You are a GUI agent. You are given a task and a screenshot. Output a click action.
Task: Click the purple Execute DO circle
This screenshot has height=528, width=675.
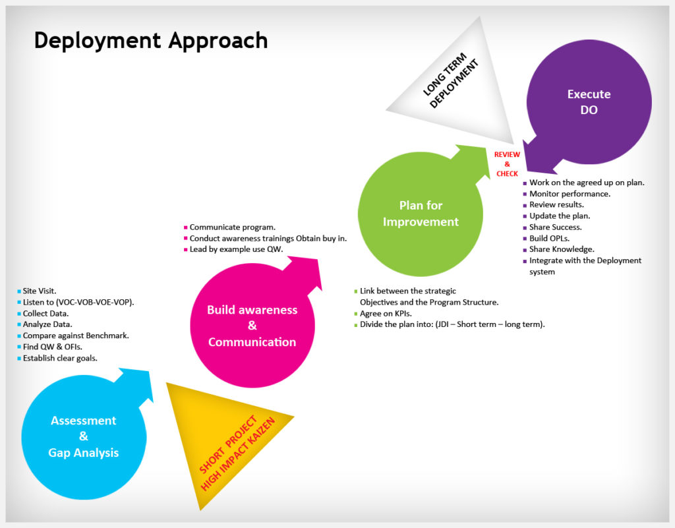click(x=589, y=102)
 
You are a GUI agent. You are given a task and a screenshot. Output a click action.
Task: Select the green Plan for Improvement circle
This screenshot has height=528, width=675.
click(x=421, y=214)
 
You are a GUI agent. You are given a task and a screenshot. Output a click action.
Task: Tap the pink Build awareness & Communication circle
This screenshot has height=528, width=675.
click(x=252, y=326)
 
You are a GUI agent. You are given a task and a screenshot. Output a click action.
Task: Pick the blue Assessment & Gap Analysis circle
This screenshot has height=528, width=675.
click(x=84, y=437)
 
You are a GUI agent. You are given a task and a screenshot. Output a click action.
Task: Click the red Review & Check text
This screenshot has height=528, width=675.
click(x=507, y=164)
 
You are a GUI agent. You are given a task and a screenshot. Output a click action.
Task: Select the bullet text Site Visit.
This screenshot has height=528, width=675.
click(x=39, y=291)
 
